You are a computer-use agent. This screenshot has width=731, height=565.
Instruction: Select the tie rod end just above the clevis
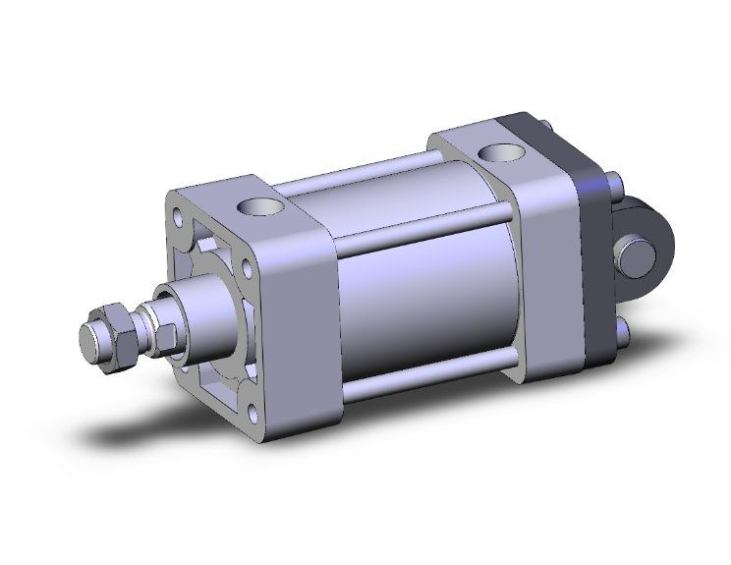click(615, 184)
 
